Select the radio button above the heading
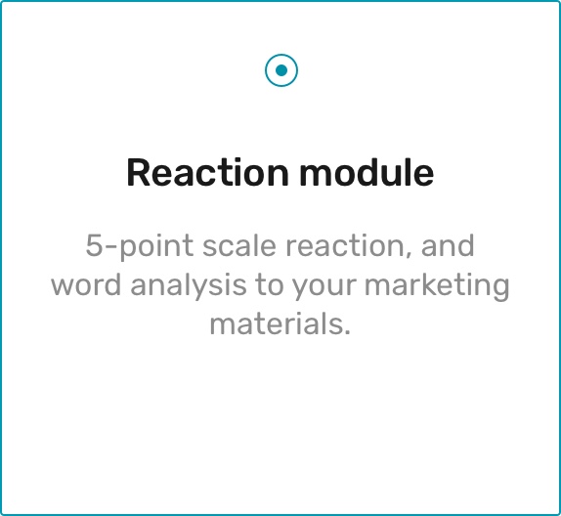281,70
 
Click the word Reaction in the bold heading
207,173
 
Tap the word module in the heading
367,172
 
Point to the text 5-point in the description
140,246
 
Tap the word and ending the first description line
448,245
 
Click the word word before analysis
86,284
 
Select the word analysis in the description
189,286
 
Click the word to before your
269,285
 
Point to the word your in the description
324,288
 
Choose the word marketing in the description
437,286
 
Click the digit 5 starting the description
94,246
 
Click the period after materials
346,331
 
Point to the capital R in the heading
139,173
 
